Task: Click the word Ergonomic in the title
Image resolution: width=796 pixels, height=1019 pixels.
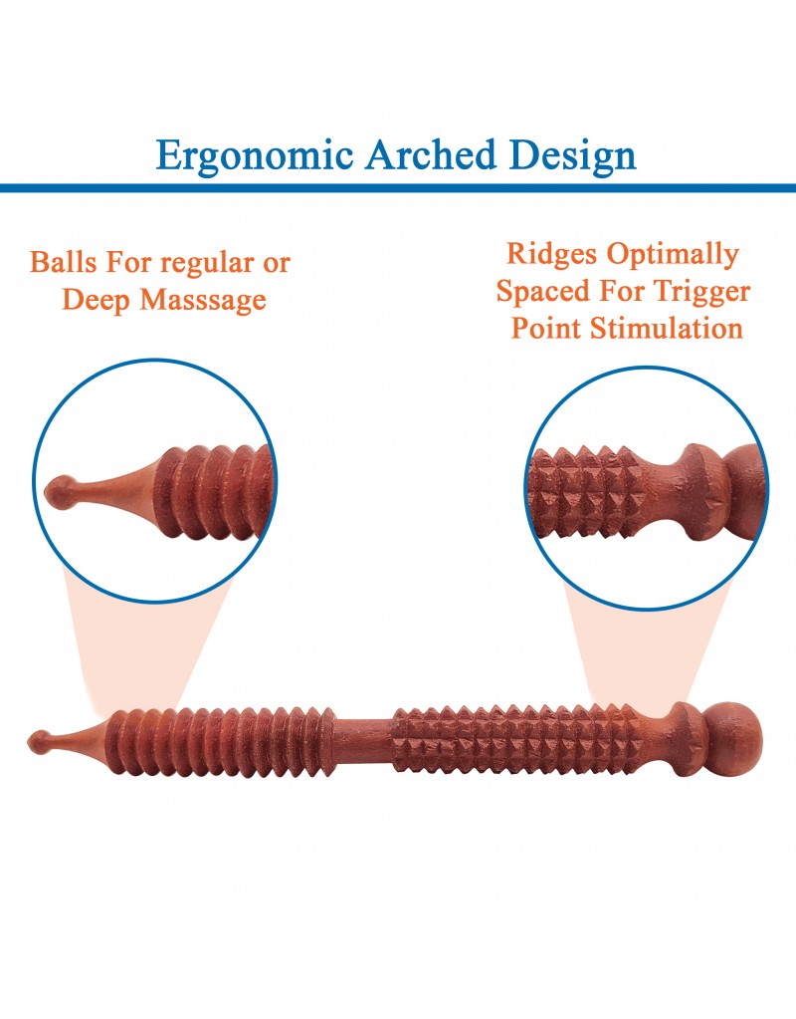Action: coord(255,156)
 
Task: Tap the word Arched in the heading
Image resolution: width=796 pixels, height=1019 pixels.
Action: coord(431,154)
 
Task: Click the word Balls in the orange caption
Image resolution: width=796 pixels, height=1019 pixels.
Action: coord(63,262)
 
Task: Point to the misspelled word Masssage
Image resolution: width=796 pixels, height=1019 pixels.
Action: coord(203,300)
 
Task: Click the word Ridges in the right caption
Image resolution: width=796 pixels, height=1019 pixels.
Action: coord(551,254)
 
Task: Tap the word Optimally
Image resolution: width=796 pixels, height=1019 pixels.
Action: coord(673,254)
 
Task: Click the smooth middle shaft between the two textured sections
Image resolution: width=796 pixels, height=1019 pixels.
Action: coord(363,739)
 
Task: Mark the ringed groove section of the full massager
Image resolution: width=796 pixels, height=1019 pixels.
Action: coord(221,741)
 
